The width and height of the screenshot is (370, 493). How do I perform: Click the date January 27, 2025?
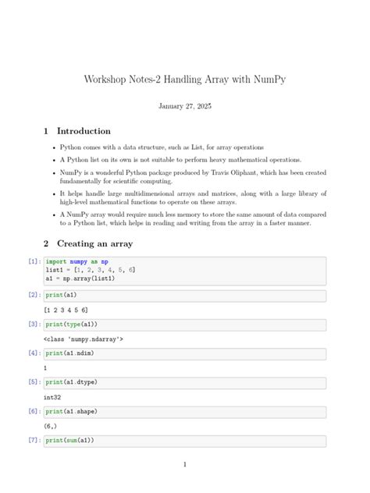185,106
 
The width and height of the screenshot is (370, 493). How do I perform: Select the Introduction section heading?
84,131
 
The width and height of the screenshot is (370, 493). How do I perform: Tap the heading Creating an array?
94,243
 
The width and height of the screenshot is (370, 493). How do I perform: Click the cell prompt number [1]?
34,261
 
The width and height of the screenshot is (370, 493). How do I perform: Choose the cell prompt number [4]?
34,353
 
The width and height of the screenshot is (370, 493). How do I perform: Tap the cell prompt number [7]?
34,440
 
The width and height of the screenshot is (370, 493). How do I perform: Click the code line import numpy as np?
76,261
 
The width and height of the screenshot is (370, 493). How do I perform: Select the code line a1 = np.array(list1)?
80,278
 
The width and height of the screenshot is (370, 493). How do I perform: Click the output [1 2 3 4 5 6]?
66,310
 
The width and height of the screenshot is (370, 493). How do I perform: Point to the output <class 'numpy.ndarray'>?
84,339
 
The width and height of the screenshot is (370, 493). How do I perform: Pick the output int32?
53,397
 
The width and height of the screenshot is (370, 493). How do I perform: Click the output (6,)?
51,426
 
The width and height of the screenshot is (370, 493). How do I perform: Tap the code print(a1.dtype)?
71,382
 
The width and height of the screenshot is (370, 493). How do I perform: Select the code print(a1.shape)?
71,411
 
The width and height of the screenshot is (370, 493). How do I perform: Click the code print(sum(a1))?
69,440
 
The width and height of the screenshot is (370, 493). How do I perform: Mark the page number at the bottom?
185,465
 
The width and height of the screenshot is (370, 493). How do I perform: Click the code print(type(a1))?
71,324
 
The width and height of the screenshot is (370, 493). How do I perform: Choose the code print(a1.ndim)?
69,353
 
